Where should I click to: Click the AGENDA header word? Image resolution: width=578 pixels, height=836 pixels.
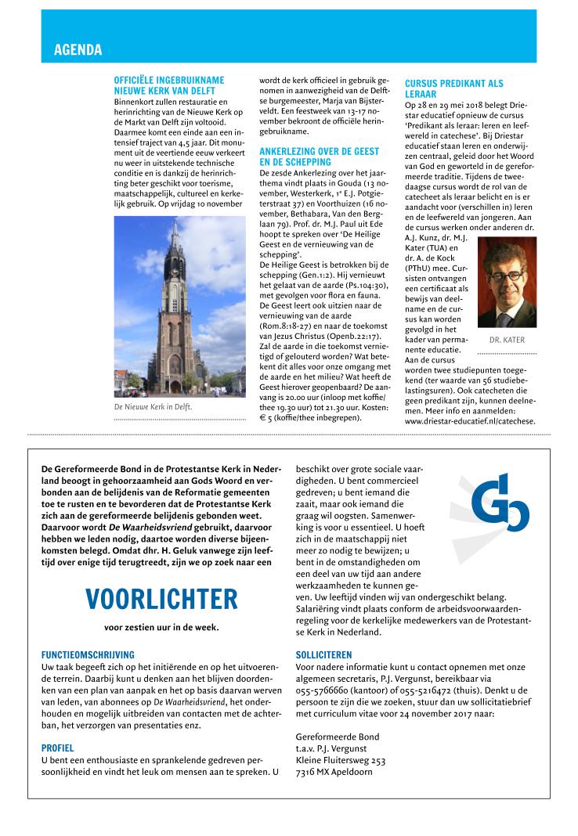[x=78, y=50]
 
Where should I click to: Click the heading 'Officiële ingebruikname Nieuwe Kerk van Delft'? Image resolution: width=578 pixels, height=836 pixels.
[x=169, y=85]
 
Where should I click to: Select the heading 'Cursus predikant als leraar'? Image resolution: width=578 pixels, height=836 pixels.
[x=454, y=88]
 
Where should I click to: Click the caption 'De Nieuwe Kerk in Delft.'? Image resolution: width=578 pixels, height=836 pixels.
[x=153, y=407]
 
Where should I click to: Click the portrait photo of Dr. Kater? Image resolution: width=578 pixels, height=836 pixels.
[x=507, y=283]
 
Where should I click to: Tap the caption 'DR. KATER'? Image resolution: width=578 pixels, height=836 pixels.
[x=507, y=341]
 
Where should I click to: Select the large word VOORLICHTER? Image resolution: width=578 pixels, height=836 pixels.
[x=161, y=600]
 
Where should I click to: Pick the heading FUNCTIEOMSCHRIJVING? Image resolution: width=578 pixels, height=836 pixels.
[x=88, y=654]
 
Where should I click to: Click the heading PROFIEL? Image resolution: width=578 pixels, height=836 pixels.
[x=58, y=748]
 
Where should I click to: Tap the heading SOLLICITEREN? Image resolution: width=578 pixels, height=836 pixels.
[x=324, y=654]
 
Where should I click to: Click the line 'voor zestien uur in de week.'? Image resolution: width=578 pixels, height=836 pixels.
[x=161, y=627]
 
